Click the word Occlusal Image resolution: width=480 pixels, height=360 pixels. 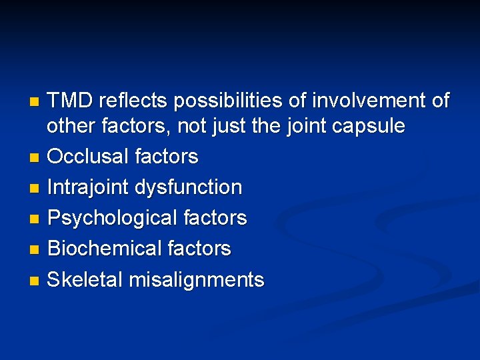88,157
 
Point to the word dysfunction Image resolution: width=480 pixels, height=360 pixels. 189,187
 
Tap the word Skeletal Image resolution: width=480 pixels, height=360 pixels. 85,279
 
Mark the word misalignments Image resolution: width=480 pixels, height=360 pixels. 196,280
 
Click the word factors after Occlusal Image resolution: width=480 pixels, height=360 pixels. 166,157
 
